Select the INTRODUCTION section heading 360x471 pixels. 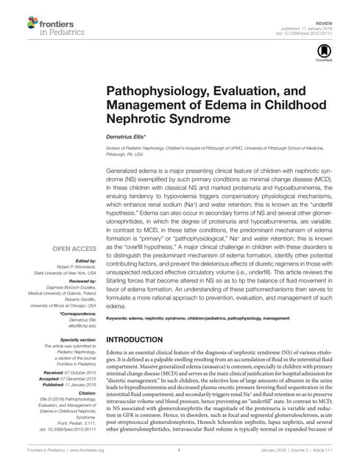point(143,339)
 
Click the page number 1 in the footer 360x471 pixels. point(180,449)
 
